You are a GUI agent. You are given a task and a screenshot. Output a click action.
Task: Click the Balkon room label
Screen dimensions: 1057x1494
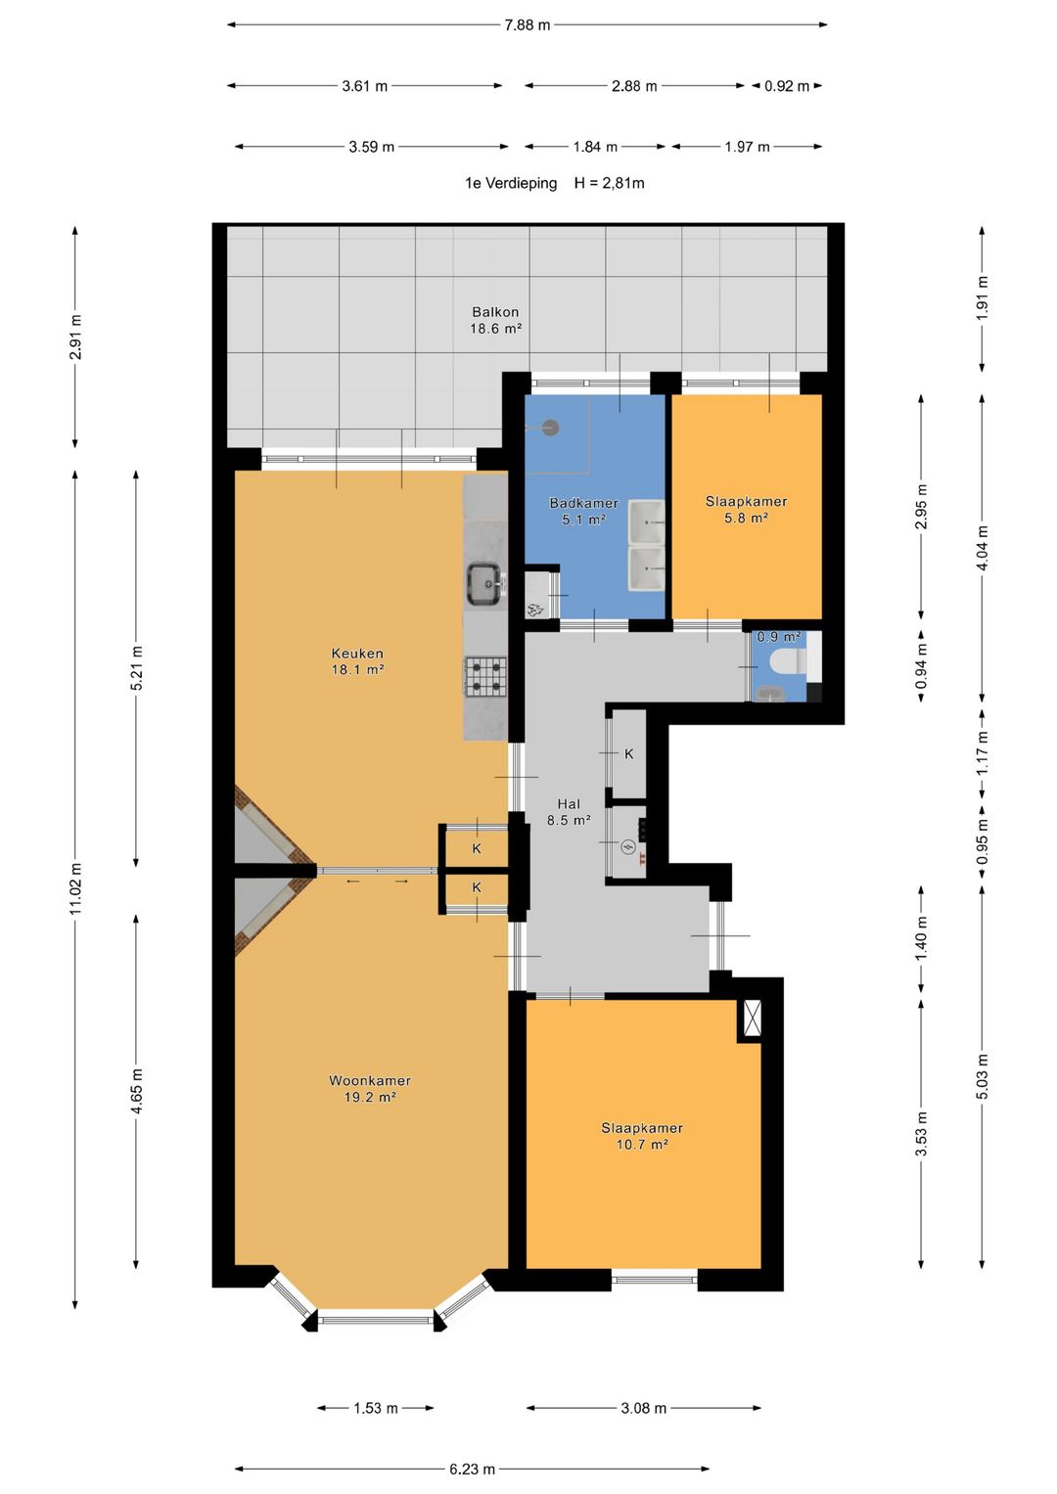coord(495,320)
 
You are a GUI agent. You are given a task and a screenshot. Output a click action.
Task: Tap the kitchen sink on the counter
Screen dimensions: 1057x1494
coord(485,583)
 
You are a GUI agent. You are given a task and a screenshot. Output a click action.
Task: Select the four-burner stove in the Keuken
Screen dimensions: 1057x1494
coord(485,676)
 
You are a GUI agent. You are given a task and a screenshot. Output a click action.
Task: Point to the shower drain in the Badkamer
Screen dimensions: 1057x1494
coord(550,428)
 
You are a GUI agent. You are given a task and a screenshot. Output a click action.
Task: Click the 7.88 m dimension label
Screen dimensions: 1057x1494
coord(528,25)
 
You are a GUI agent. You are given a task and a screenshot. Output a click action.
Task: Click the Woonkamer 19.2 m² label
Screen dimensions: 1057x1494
coord(370,1089)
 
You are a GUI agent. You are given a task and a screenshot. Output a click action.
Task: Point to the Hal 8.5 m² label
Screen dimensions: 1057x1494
coord(569,812)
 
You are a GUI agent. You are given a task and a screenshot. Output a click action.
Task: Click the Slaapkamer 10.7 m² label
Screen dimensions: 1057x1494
coord(642,1136)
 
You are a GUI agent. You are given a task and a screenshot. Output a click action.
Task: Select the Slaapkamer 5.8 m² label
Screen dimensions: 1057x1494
coord(746,509)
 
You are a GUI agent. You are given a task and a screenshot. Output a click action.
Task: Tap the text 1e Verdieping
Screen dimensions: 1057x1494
coord(511,183)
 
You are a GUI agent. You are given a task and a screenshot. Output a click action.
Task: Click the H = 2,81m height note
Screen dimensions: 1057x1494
coord(609,183)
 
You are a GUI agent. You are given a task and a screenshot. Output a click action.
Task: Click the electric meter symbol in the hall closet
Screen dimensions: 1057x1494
coord(628,848)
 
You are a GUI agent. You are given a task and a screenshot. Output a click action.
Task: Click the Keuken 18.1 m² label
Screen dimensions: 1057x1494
coord(357,661)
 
